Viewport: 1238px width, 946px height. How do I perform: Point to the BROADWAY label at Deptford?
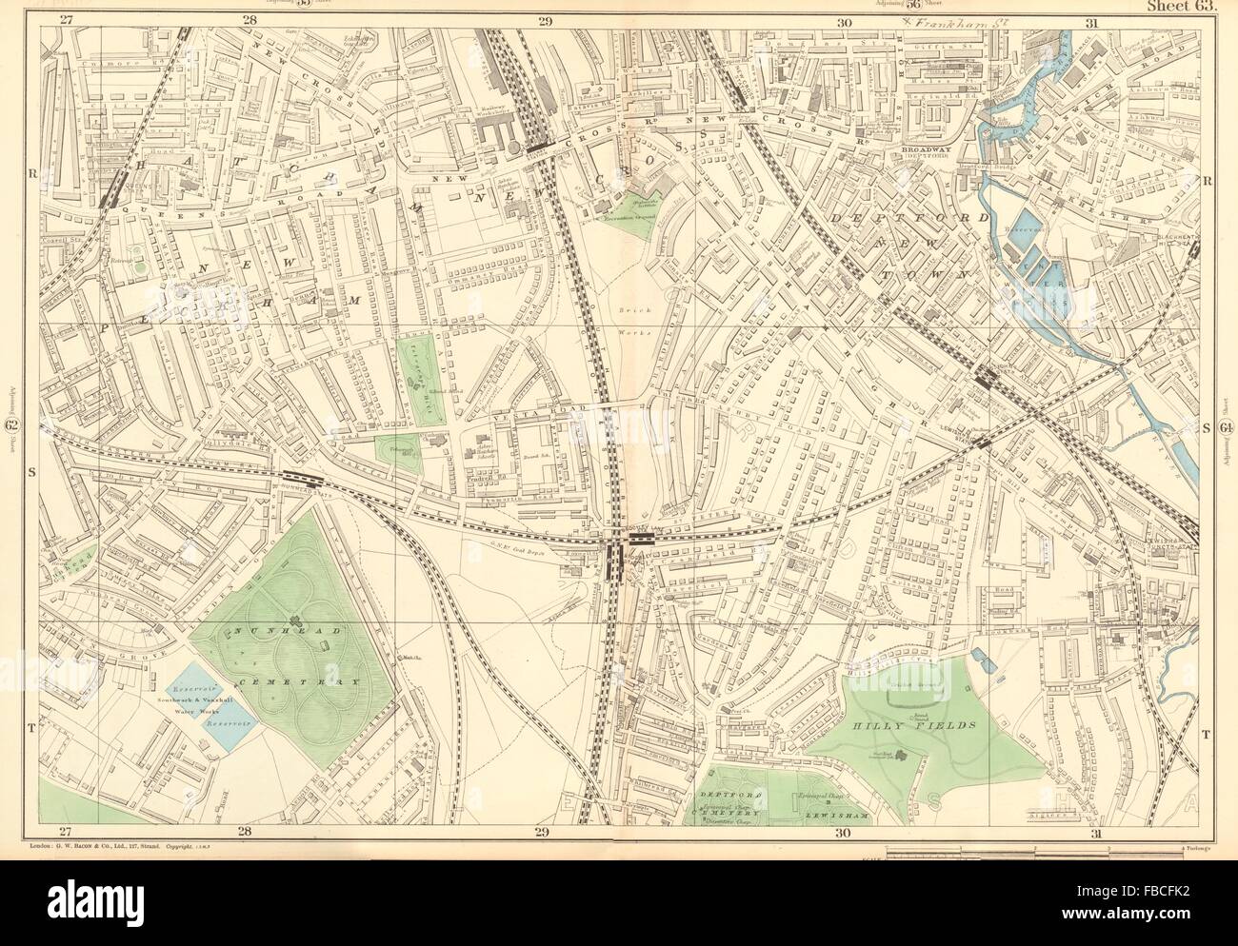[x=927, y=151]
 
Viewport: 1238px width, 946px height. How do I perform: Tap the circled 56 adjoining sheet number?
[x=894, y=6]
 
